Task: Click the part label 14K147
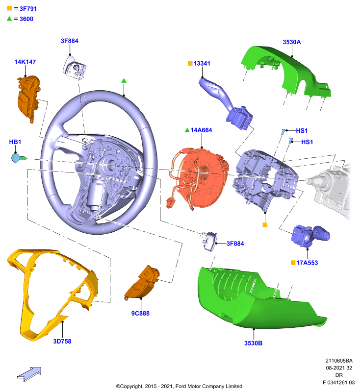(25, 62)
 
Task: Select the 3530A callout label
(292, 42)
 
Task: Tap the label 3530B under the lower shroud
(253, 343)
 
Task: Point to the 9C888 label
(140, 313)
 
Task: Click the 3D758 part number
(62, 341)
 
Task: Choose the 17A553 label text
(307, 263)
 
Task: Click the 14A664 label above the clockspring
(201, 130)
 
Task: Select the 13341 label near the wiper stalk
(202, 64)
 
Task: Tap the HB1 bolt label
(15, 142)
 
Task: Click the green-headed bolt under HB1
(18, 158)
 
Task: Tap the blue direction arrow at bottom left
(29, 374)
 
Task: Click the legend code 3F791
(28, 9)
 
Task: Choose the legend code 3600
(26, 19)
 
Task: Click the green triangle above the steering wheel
(124, 81)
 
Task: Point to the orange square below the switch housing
(265, 225)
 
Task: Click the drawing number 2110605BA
(339, 361)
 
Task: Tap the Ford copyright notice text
(179, 386)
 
